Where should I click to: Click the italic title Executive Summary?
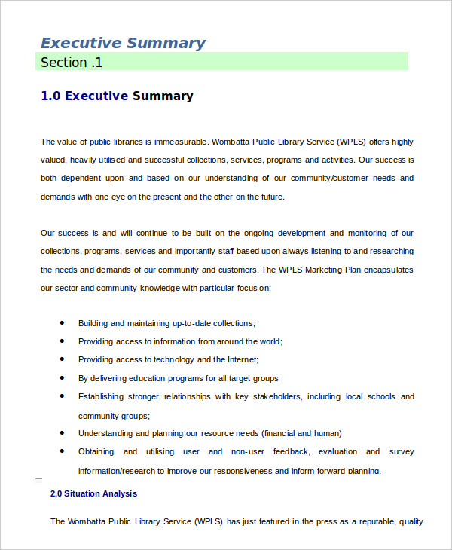pos(123,43)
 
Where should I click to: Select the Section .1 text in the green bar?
pos(72,63)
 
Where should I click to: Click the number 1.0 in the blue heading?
pos(50,96)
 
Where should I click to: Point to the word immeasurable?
pos(182,142)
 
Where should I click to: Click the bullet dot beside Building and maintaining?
pos(61,322)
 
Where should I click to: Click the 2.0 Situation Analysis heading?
pos(93,494)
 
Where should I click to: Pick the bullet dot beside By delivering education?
pos(61,377)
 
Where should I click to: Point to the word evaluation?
pos(337,451)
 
